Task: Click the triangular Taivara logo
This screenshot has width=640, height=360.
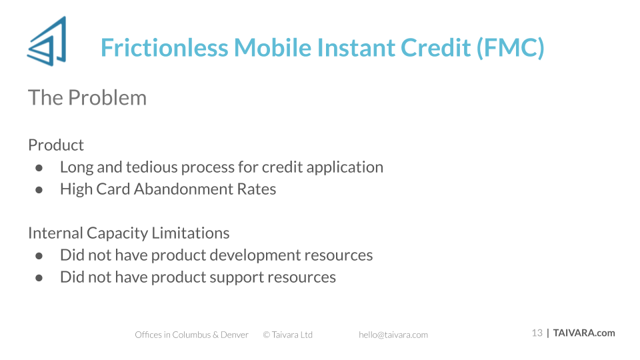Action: tap(47, 41)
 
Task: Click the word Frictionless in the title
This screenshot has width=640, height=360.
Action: tap(165, 47)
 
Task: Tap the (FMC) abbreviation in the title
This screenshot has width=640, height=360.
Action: tap(510, 48)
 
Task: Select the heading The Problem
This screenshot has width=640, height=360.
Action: tap(87, 97)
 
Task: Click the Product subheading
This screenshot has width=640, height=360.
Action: tap(56, 145)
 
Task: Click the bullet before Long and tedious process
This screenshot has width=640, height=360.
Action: tap(39, 168)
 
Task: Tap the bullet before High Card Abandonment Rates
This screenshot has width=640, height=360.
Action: tap(39, 190)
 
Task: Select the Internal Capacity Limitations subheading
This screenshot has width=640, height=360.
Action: tap(129, 233)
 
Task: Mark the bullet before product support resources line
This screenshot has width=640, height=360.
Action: tap(39, 278)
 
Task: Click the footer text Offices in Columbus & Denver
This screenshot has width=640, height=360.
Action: tap(191, 335)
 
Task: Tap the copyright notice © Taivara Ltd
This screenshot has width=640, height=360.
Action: tap(288, 335)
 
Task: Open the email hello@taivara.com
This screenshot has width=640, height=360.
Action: tap(393, 335)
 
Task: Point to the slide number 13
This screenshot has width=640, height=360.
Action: tap(537, 333)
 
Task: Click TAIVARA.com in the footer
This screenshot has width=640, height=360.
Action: tap(584, 333)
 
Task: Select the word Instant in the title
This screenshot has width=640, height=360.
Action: tap(356, 47)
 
